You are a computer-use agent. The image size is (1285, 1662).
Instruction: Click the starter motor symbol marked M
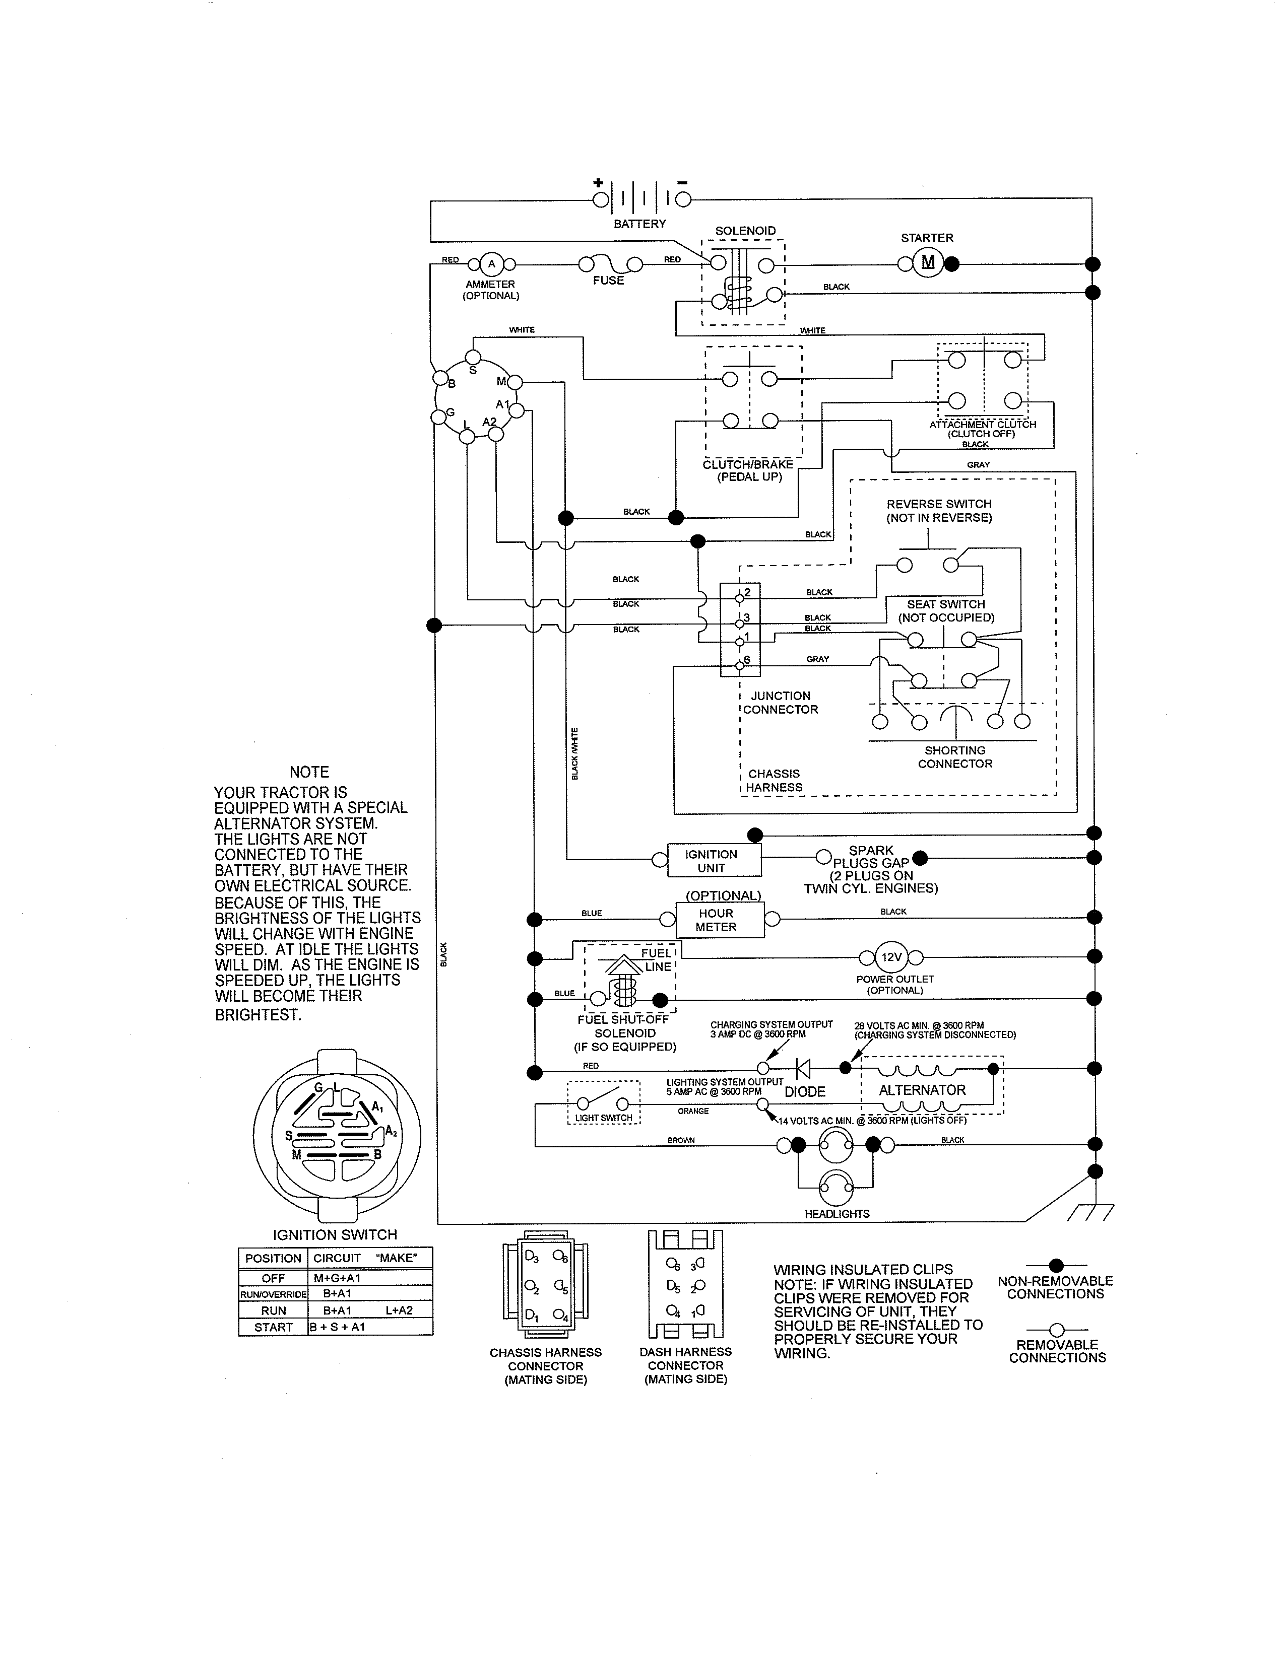927,263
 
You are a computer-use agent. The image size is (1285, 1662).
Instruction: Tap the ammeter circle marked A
491,264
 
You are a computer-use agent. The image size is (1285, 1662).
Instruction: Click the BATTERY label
639,224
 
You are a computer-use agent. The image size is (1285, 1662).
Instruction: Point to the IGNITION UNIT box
713,861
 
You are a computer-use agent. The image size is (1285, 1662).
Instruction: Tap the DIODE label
805,1091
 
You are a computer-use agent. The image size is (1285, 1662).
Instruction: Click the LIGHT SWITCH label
604,1118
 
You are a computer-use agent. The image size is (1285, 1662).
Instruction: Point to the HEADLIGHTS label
837,1214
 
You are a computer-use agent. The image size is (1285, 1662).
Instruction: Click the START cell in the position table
273,1327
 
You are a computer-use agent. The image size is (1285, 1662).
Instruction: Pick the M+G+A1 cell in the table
337,1278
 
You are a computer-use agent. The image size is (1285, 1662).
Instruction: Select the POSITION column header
273,1258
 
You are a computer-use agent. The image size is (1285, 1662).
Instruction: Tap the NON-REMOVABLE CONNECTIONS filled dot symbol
1056,1266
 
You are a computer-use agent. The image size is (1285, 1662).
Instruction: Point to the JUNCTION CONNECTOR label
780,703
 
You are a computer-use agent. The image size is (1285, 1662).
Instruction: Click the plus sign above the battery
598,183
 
